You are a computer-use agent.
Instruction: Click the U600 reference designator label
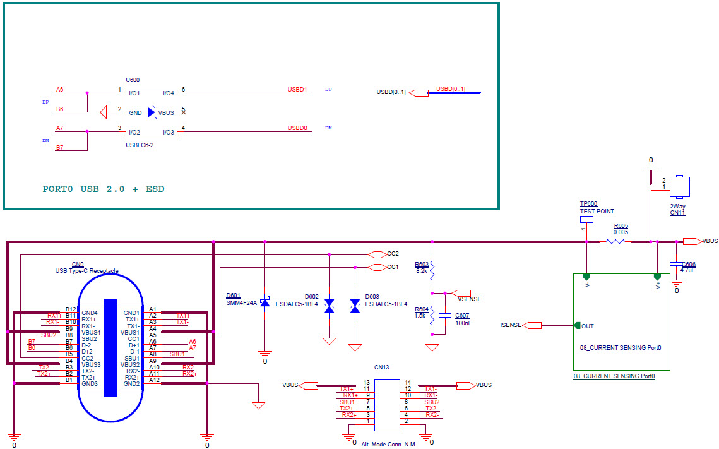point(133,80)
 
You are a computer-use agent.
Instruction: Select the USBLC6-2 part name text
point(140,145)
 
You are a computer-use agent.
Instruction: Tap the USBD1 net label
point(297,90)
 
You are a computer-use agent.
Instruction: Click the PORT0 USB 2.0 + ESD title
point(103,189)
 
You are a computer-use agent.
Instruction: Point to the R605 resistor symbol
point(615,241)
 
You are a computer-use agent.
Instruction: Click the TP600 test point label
point(588,204)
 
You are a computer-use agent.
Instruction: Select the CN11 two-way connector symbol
point(680,187)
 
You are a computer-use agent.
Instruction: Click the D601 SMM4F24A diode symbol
point(264,304)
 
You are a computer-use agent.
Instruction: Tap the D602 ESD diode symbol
point(329,306)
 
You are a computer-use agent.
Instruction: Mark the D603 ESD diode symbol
point(355,306)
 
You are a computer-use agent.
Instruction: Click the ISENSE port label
point(511,325)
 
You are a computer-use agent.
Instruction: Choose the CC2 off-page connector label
point(393,254)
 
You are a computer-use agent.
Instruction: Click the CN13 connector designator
point(381,367)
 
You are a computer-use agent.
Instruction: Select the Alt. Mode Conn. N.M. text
point(389,444)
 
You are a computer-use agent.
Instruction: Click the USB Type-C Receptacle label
point(86,271)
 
